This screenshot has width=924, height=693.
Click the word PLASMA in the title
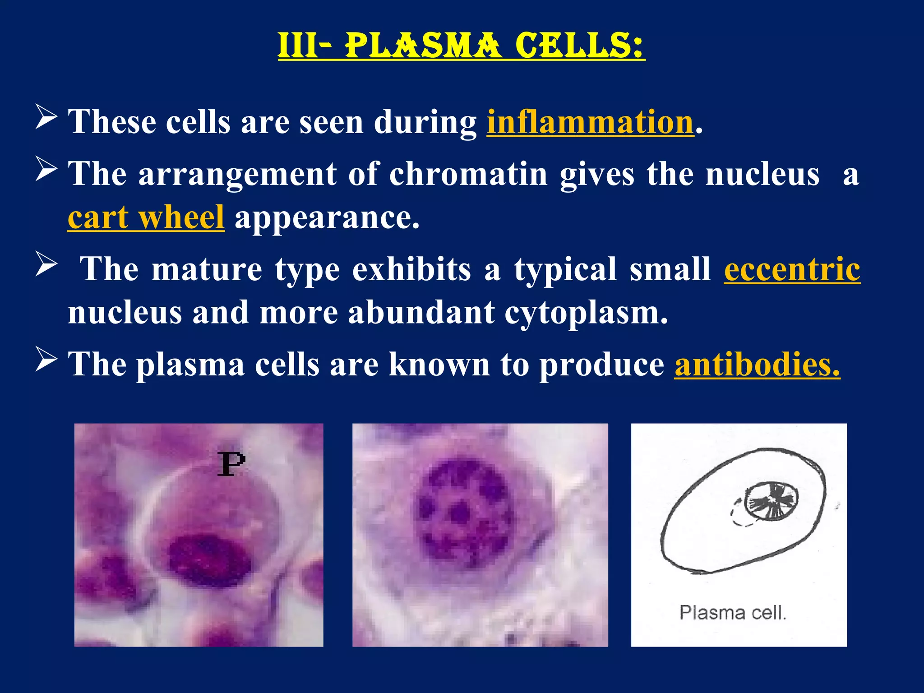pyautogui.click(x=423, y=46)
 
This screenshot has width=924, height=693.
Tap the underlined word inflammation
pyautogui.click(x=590, y=122)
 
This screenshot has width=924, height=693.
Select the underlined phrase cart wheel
pyautogui.click(x=146, y=218)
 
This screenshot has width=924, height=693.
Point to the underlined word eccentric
pyautogui.click(x=792, y=269)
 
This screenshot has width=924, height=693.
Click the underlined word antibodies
pyautogui.click(x=757, y=365)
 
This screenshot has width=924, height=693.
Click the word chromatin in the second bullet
pyautogui.click(x=468, y=174)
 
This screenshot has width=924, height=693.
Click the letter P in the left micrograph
pyautogui.click(x=231, y=464)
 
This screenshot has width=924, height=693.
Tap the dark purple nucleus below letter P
pyautogui.click(x=209, y=560)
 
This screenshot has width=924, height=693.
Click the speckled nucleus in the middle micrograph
pyautogui.click(x=465, y=512)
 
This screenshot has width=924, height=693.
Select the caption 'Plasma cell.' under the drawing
pyautogui.click(x=733, y=613)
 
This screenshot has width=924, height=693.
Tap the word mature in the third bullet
pyautogui.click(x=207, y=269)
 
